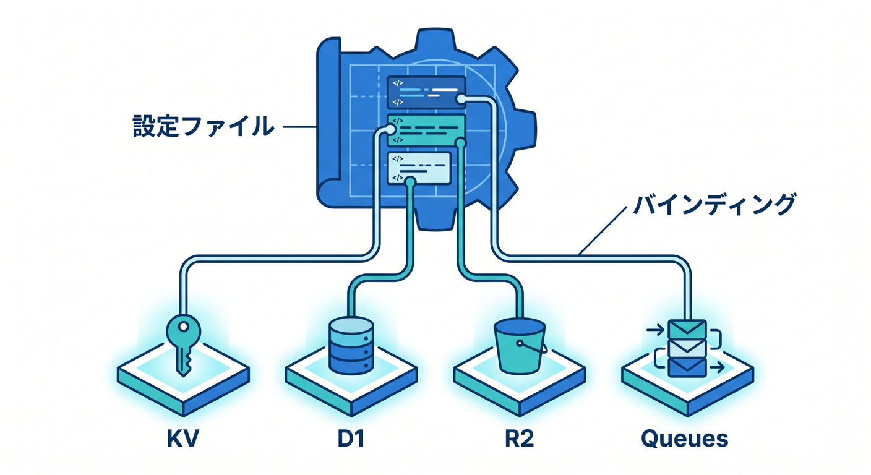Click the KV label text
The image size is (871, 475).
pos(182,438)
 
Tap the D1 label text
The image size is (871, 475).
pos(351,438)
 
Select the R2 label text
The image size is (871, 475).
pos(519,438)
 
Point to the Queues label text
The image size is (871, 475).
pos(684,439)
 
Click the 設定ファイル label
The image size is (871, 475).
pos(204,126)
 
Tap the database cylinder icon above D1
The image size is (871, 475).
pos(351,346)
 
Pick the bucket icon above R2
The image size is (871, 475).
pos(520,346)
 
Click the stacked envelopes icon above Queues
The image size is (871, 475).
pos(687,348)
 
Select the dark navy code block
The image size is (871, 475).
pos(426,92)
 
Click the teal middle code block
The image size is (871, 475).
pos(426,131)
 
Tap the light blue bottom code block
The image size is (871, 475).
pos(419,168)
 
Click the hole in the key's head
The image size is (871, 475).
pos(184,327)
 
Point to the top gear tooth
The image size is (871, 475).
pos(435,38)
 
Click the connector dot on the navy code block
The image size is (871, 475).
pos(461,99)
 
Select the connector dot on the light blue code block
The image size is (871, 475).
pos(410,181)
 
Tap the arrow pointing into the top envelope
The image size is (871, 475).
pos(655,330)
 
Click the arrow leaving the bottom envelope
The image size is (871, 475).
pos(716,367)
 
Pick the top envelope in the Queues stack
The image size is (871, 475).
pos(687,329)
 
